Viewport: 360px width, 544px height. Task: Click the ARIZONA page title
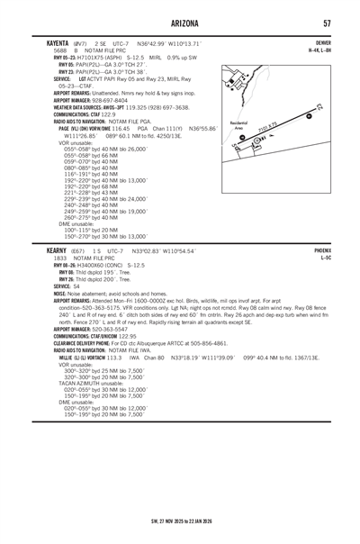click(180, 22)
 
